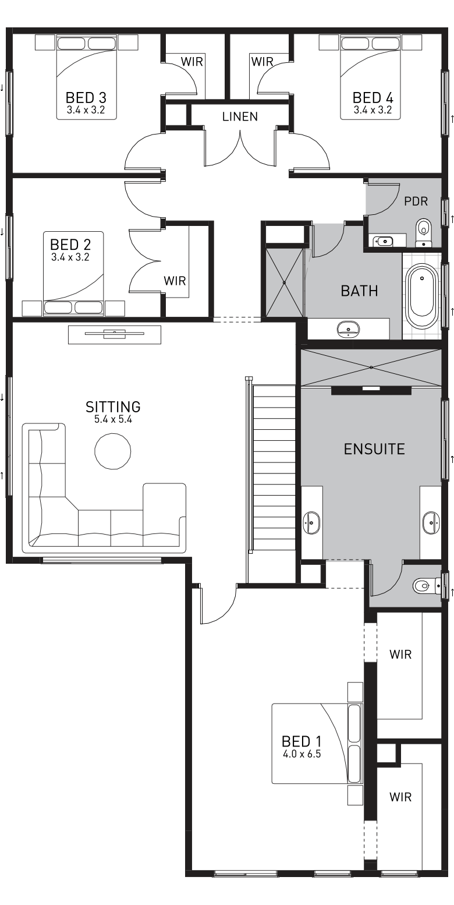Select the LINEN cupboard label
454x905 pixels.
pos(240,116)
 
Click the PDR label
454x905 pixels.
pos(416,201)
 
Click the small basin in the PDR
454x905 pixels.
pos(382,240)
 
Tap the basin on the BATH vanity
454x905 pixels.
pos(347,329)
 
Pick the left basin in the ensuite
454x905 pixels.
pos(311,522)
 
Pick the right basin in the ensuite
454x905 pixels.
pos(431,522)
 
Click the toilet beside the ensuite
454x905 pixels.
pos(422,585)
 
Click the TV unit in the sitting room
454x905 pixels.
pos(115,334)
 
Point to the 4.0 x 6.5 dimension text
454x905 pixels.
pos(302,754)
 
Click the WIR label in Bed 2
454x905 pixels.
pos(175,281)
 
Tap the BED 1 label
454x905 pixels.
pos(302,741)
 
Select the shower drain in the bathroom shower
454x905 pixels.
pos(285,283)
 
